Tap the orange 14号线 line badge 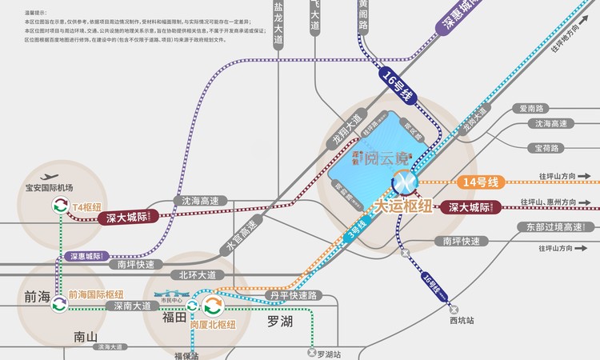(480, 182)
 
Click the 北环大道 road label (197, 274)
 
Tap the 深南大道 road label (130, 306)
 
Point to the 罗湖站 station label (329, 353)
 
